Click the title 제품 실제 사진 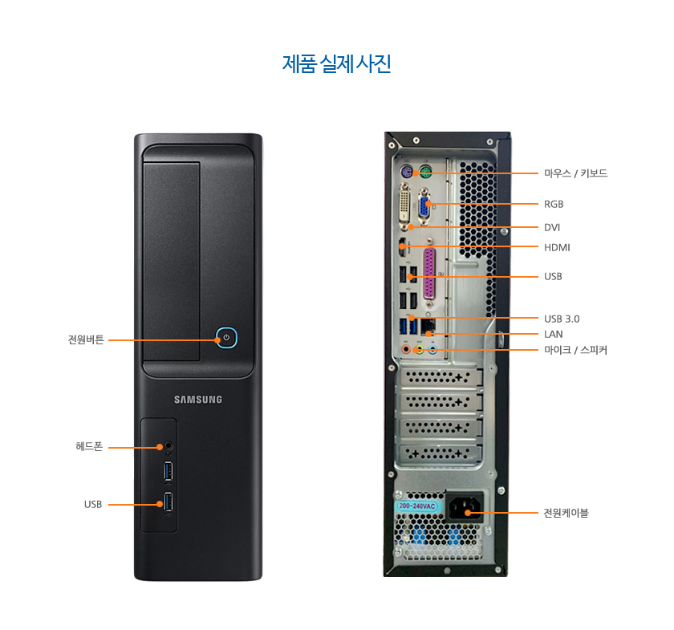click(336, 64)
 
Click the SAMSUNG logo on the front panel click(198, 400)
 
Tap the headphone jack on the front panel click(169, 446)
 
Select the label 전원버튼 click(86, 339)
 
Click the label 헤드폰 click(89, 446)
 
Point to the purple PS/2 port click(406, 173)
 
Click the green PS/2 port click(425, 173)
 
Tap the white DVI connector click(405, 206)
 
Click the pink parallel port click(429, 274)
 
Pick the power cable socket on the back click(465, 508)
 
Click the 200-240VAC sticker click(416, 506)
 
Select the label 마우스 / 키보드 click(575, 173)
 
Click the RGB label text click(554, 205)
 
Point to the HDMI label click(557, 248)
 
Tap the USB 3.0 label click(562, 319)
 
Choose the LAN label click(553, 334)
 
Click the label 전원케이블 click(566, 513)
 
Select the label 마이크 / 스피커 click(575, 350)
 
